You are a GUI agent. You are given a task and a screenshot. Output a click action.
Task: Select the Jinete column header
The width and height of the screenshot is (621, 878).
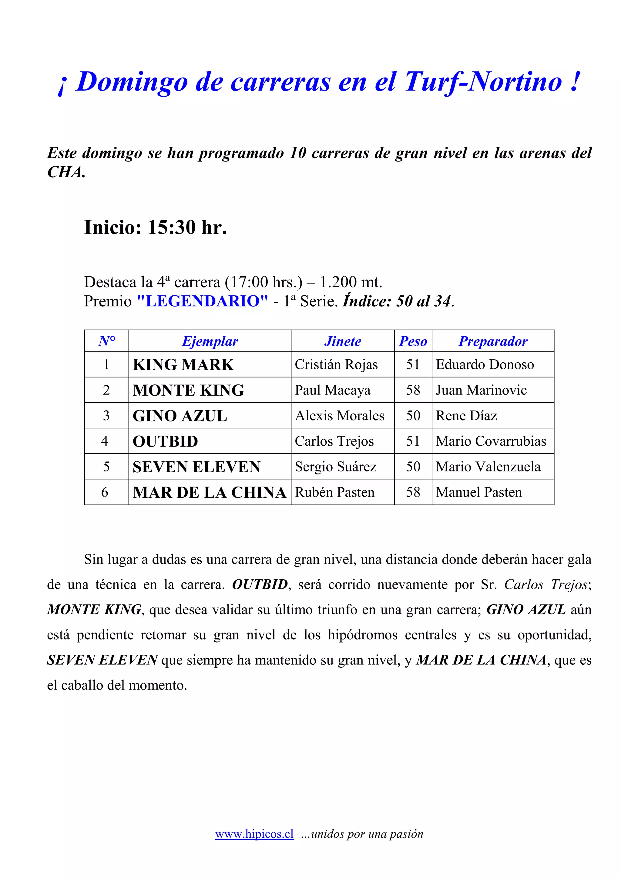coord(342,341)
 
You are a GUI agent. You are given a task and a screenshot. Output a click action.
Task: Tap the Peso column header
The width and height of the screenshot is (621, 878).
coord(413,341)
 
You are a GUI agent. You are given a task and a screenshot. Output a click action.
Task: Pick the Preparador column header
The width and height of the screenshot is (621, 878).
coord(493,341)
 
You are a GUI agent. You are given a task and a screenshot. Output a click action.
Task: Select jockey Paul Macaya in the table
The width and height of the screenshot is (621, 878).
coord(333,390)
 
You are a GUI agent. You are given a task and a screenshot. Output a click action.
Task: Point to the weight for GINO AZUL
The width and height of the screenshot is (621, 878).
coord(413,416)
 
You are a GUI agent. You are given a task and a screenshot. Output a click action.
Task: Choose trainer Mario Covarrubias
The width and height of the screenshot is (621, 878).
coord(491,441)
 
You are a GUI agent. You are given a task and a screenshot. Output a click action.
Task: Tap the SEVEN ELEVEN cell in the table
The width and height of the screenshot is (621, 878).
coord(197,467)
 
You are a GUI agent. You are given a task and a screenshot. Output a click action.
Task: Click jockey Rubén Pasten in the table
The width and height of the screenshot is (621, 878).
coord(334,492)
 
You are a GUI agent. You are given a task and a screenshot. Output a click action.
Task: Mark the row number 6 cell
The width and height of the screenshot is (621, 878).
coord(105,492)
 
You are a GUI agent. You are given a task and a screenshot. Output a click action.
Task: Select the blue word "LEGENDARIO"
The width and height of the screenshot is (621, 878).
coord(203,301)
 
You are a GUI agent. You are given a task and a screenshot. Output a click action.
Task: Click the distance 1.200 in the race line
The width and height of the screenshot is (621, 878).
coord(338,282)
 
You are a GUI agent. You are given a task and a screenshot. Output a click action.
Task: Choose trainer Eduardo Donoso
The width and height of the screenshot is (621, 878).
coord(485,364)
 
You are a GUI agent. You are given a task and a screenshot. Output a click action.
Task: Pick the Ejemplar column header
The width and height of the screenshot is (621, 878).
coord(210,341)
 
